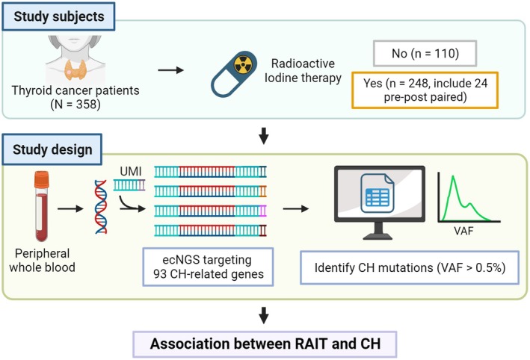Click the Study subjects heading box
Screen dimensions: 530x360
point(58,16)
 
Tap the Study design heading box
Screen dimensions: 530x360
point(52,149)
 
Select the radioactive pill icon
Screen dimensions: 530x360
point(234,74)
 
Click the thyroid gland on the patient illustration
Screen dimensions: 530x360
point(76,70)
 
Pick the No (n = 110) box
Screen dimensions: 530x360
point(425,53)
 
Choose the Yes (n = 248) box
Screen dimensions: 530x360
point(425,90)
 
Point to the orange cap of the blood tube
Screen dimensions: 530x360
point(42,180)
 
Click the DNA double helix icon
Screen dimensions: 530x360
point(101,207)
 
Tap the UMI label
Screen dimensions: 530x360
point(131,171)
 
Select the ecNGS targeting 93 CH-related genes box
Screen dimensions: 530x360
point(208,267)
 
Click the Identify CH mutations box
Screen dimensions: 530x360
point(410,267)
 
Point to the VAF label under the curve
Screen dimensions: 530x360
point(463,231)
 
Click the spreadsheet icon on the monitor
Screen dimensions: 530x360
point(378,193)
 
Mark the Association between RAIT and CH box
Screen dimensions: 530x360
point(265,344)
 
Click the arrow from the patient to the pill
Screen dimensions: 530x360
point(170,70)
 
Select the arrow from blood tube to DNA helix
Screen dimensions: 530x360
point(70,208)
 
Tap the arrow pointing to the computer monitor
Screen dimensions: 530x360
point(296,208)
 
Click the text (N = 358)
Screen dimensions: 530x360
point(76,105)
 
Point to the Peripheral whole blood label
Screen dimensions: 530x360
point(43,261)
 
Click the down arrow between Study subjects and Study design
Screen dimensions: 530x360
point(264,135)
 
